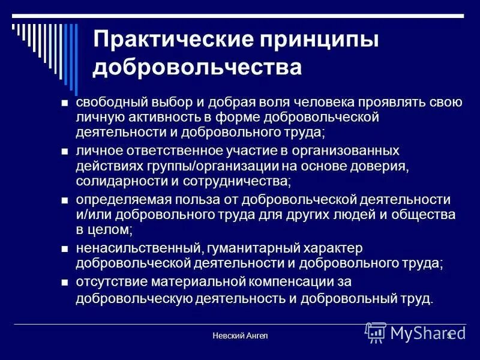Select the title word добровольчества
pyautogui.click(x=197, y=67)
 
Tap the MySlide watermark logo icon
pyautogui.click(x=376, y=332)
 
